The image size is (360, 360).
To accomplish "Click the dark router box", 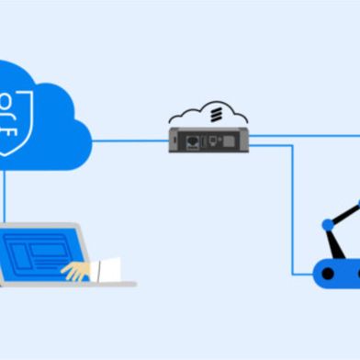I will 209,141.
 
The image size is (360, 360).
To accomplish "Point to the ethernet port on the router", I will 195,142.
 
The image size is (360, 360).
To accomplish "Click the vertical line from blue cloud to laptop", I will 5,197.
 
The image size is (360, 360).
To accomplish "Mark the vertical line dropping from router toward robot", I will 293,211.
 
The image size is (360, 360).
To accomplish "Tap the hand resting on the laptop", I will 77,270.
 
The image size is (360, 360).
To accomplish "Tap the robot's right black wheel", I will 354,272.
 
